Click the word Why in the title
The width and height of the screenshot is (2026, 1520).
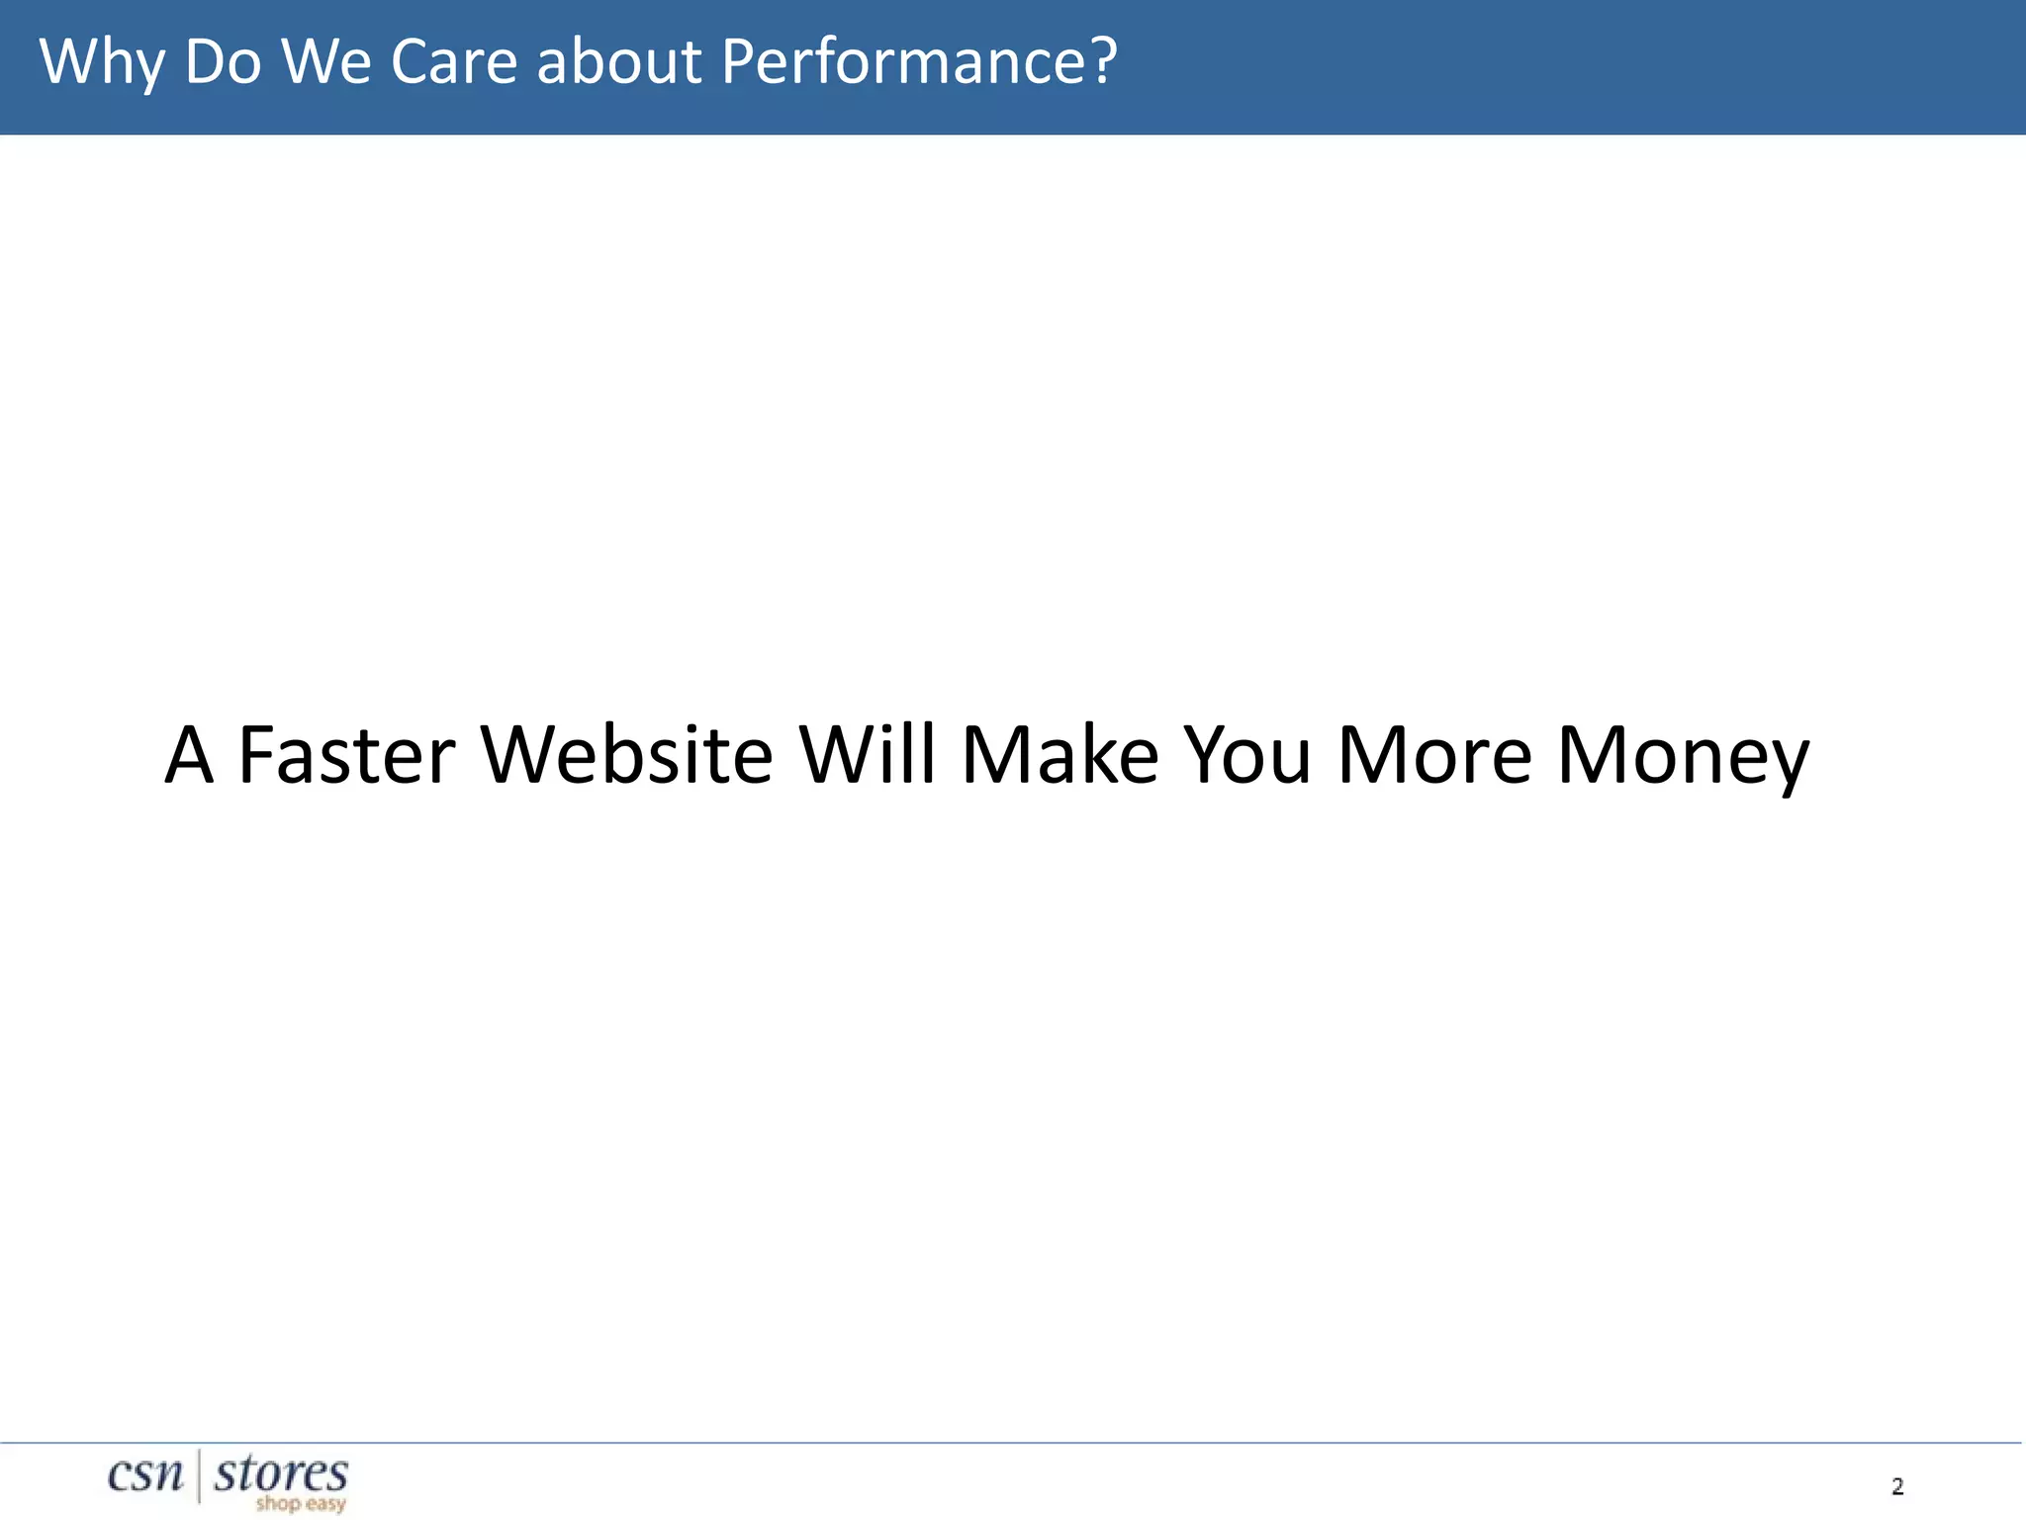pyautogui.click(x=102, y=62)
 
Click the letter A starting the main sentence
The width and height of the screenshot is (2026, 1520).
pyautogui.click(x=189, y=755)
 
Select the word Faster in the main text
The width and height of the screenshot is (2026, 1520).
pyautogui.click(x=347, y=755)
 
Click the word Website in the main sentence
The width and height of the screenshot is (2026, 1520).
pyautogui.click(x=626, y=755)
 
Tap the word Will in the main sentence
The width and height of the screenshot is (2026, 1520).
pyautogui.click(x=867, y=755)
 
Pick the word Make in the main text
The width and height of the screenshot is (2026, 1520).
pyautogui.click(x=1060, y=755)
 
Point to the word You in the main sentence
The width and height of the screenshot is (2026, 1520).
pyautogui.click(x=1248, y=755)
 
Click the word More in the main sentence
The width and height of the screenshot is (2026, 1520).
pyautogui.click(x=1435, y=755)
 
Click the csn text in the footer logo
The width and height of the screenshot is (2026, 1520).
pyautogui.click(x=145, y=1474)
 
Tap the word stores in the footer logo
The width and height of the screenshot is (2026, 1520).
pyautogui.click(x=281, y=1473)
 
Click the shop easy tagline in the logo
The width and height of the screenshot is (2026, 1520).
pyautogui.click(x=301, y=1504)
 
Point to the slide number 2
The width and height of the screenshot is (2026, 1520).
pyautogui.click(x=1897, y=1486)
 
